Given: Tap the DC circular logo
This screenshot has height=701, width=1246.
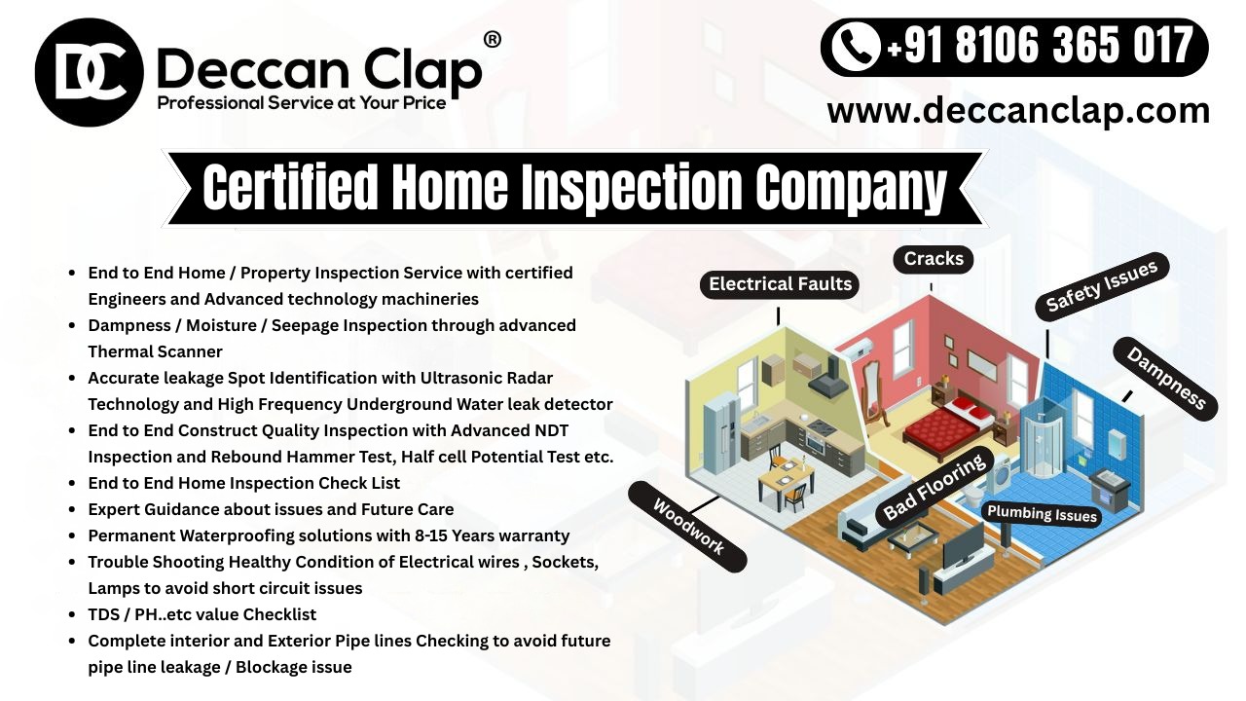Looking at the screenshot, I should (x=89, y=72).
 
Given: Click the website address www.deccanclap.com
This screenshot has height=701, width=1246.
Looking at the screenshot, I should (x=1017, y=110).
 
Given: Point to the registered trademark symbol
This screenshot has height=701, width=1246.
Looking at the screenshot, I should (x=493, y=39).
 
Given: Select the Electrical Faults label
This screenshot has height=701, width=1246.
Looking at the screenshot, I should (x=780, y=284).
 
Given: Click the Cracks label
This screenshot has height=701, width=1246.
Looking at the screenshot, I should (x=933, y=259).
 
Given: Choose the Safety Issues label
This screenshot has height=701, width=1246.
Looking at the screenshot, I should (x=1101, y=286).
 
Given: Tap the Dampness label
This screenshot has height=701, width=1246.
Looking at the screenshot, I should (x=1165, y=379).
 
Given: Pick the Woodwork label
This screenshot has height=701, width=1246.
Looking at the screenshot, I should (x=687, y=527).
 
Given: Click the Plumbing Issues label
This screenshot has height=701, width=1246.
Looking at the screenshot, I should (x=1042, y=513).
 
